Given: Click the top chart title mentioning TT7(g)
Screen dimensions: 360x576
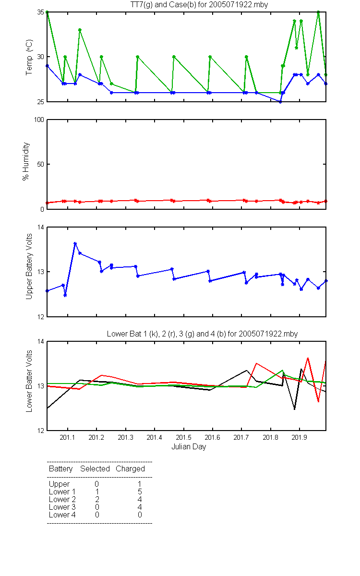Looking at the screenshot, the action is click(x=199, y=5).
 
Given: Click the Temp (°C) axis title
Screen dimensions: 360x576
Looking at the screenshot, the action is click(x=29, y=57).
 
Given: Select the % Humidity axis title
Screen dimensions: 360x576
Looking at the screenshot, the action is click(x=26, y=161).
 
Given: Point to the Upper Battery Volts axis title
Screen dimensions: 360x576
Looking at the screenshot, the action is click(x=29, y=266).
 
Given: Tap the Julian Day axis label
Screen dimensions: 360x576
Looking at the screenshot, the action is click(x=189, y=447).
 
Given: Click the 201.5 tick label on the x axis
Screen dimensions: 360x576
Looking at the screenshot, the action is click(x=183, y=437).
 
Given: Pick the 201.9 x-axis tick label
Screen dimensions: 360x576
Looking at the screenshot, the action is click(x=300, y=437).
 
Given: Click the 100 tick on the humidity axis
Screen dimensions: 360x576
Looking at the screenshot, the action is click(x=39, y=120).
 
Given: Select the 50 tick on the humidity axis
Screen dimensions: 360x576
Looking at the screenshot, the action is click(x=41, y=164).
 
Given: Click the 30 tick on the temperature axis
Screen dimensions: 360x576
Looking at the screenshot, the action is click(x=41, y=57).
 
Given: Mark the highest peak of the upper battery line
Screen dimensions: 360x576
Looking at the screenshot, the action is click(x=75, y=243).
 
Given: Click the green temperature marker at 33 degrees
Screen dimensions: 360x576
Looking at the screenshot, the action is click(x=80, y=30).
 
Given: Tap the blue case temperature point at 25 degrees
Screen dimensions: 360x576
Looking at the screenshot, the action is click(x=280, y=102).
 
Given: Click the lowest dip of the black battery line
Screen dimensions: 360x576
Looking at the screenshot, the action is click(x=294, y=409).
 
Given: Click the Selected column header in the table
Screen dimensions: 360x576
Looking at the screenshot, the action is click(x=95, y=469).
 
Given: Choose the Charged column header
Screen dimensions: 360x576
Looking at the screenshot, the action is click(x=130, y=469).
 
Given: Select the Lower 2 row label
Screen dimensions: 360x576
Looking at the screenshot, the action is click(x=62, y=499).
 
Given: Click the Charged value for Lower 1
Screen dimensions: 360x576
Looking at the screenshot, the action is click(x=140, y=492).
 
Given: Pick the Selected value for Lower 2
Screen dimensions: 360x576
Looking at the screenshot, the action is click(x=97, y=499).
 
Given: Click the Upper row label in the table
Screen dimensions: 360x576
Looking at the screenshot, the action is click(x=59, y=484).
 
